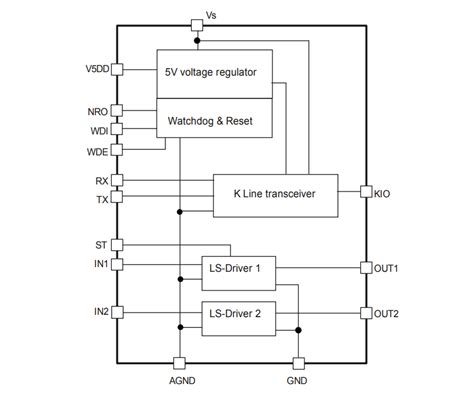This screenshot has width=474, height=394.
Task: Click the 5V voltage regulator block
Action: [x=214, y=73]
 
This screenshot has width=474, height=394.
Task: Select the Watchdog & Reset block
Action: [x=214, y=120]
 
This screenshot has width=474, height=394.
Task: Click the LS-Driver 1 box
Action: [x=236, y=268]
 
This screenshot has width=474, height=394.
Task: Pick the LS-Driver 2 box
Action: [x=236, y=313]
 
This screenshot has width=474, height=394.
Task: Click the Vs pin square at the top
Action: [x=196, y=26]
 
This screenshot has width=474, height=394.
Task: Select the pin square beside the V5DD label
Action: [x=117, y=69]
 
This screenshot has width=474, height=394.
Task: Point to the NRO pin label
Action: [x=97, y=110]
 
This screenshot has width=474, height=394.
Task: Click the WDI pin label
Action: [x=98, y=130]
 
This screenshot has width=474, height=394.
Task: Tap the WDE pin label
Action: [x=97, y=150]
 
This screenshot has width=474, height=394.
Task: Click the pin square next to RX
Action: [x=117, y=180]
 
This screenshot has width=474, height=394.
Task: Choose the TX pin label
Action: [x=101, y=198]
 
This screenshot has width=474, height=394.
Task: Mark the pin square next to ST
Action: [x=117, y=244]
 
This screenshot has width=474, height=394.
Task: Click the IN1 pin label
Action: [x=101, y=264]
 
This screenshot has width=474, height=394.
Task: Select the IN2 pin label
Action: [x=101, y=312]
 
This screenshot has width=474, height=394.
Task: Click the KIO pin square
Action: [x=365, y=190]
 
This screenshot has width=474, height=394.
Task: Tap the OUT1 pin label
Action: [x=386, y=267]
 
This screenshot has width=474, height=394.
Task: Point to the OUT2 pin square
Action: [x=365, y=313]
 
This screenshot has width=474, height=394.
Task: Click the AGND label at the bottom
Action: [x=180, y=381]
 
